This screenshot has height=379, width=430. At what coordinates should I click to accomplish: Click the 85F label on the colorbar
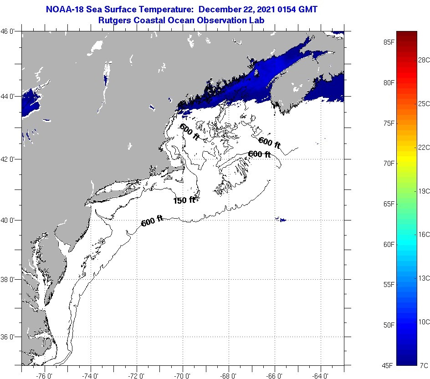tap(389, 42)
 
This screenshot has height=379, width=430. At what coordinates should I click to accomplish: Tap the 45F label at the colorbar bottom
tap(389, 365)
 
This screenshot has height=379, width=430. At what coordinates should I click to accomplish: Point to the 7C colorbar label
tap(424, 365)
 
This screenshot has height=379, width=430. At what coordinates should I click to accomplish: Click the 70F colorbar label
tap(389, 163)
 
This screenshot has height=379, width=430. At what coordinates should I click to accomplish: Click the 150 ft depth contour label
tap(184, 200)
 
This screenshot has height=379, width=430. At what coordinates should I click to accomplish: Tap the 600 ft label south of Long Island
tap(152, 222)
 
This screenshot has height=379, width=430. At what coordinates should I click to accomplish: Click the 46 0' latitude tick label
tap(10, 31)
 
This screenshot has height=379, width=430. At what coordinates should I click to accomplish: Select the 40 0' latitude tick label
tap(10, 220)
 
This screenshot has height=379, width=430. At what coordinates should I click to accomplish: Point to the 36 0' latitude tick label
tap(10, 337)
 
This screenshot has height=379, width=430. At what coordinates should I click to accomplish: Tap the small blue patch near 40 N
tap(282, 220)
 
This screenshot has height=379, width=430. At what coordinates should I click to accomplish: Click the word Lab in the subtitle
tap(258, 20)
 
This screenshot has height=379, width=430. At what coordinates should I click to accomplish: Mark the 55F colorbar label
tap(389, 285)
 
